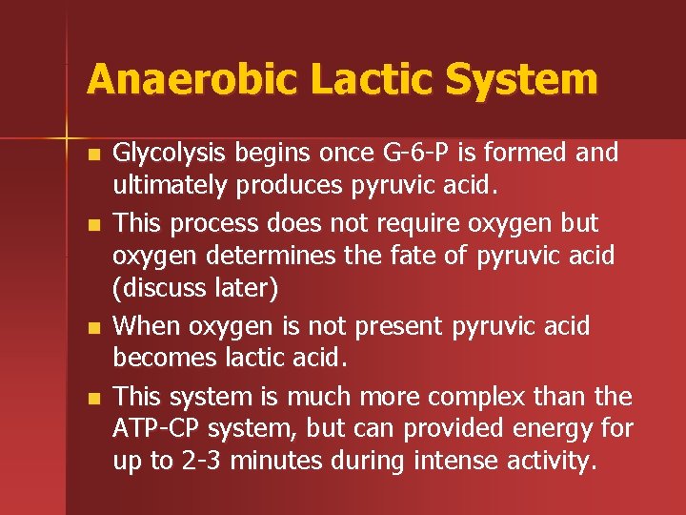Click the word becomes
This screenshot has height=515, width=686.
tap(155, 360)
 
